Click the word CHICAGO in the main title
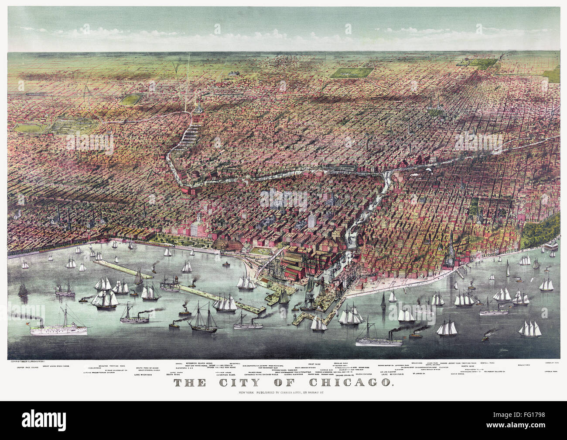pyautogui.click(x=355, y=383)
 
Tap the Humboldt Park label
pyautogui.click(x=551, y=363)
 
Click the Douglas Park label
pyautogui.click(x=341, y=363)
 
